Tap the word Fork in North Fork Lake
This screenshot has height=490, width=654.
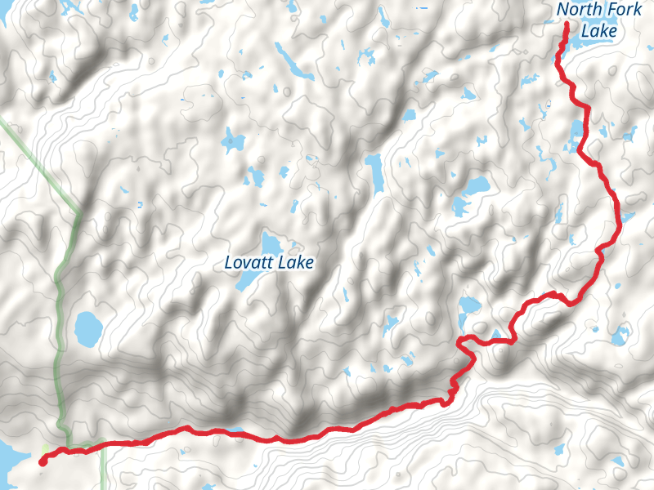point(623,11)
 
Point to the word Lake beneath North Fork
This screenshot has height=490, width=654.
point(599,32)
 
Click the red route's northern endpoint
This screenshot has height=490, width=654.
point(566,26)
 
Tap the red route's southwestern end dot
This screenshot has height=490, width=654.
point(42,461)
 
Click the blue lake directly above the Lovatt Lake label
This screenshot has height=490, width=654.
point(269,243)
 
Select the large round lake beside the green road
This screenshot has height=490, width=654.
point(87,328)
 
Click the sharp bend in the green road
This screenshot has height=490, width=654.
point(79,214)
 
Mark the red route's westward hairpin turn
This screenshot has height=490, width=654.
point(461,341)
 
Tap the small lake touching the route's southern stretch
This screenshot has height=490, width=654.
point(235,430)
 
